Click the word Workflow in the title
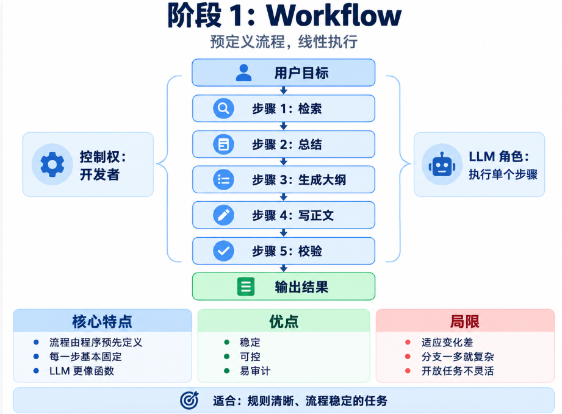pos(334,15)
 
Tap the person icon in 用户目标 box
pos(243,73)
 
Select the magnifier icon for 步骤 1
pos(223,108)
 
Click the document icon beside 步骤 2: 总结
pos(223,145)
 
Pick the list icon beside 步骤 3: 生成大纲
pos(223,179)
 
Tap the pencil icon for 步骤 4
pos(223,215)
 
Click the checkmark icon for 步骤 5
pos(223,251)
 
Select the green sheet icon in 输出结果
pos(246,287)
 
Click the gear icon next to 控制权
pos(52,165)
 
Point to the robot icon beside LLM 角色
pos(442,165)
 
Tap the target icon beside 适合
pos(189,401)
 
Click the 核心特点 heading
pos(102,321)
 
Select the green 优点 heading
pos(284,321)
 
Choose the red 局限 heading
pos(464,321)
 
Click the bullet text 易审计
pos(255,371)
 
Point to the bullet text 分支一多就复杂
pos(458,357)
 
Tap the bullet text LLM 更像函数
pos(82,371)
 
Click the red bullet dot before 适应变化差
pos(408,343)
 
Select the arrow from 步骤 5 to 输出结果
pos(284,268)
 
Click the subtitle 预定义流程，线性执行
pos(284,41)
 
